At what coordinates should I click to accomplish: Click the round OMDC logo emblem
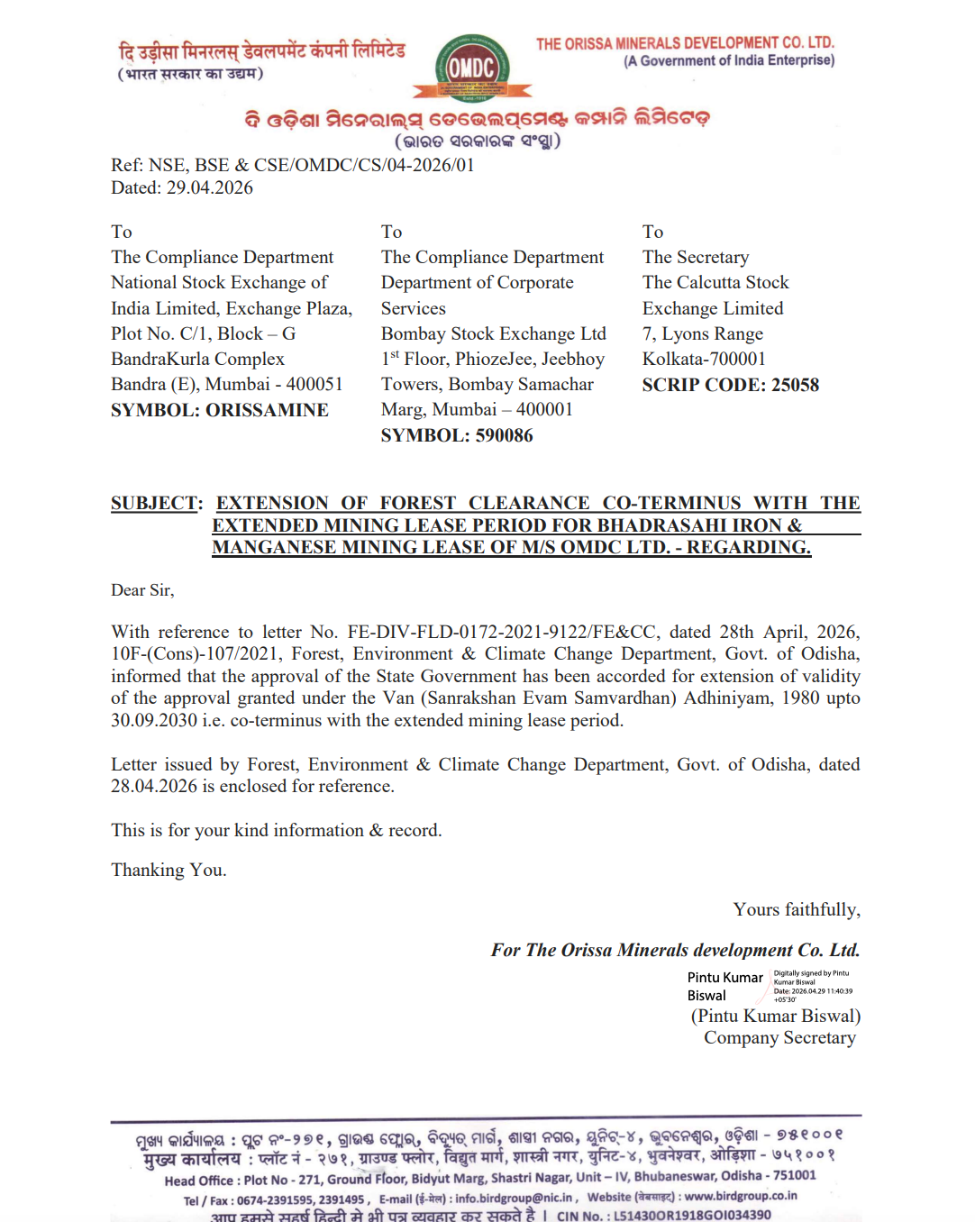pyautogui.click(x=472, y=68)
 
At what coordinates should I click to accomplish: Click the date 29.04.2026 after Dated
pyautogui.click(x=209, y=188)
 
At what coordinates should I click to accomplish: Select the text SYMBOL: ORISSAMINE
pyautogui.click(x=220, y=410)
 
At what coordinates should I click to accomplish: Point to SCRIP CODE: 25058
pyautogui.click(x=730, y=385)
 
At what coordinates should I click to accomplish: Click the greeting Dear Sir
pyautogui.click(x=141, y=590)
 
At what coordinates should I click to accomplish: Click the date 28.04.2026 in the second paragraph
pyautogui.click(x=154, y=786)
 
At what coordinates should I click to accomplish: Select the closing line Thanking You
pyautogui.click(x=169, y=870)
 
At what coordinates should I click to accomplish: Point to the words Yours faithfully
pyautogui.click(x=797, y=909)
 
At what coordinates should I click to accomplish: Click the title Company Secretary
pyautogui.click(x=779, y=1037)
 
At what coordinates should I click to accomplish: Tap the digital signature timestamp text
pyautogui.click(x=812, y=991)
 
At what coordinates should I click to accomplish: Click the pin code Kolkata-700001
pyautogui.click(x=704, y=359)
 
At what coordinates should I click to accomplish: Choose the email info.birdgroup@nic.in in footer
pyautogui.click(x=514, y=1199)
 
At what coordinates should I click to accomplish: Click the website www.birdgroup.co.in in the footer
pyautogui.click(x=740, y=1196)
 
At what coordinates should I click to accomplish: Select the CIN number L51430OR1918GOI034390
pyautogui.click(x=692, y=1215)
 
